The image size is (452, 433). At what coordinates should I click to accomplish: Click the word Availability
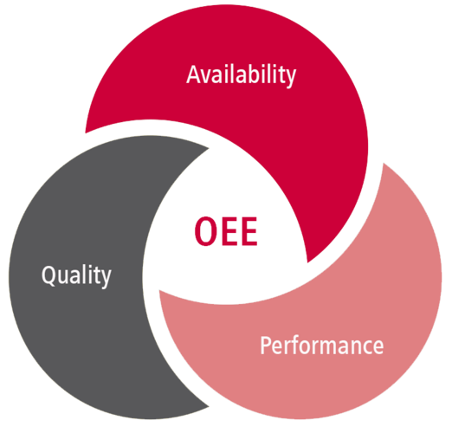pyautogui.click(x=241, y=75)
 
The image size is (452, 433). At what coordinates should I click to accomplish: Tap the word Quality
pyautogui.click(x=76, y=275)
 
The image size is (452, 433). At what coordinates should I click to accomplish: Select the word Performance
pyautogui.click(x=322, y=346)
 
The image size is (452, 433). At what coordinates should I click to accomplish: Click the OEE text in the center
pyautogui.click(x=226, y=231)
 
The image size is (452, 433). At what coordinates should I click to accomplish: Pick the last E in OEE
pyautogui.click(x=249, y=231)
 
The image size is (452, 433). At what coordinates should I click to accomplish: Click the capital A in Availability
pyautogui.click(x=194, y=74)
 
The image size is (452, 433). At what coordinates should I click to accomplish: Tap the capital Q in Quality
pyautogui.click(x=49, y=275)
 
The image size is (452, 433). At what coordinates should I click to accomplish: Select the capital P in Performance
pyautogui.click(x=266, y=345)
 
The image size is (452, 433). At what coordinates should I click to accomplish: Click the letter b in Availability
pyautogui.click(x=253, y=74)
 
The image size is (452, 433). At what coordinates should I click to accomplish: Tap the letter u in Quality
pyautogui.click(x=66, y=277)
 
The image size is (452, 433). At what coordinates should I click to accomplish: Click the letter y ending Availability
pyautogui.click(x=290, y=78)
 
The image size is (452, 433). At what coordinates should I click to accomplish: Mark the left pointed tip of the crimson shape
pyautogui.click(x=86, y=133)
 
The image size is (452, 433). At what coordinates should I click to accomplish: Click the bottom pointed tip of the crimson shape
pyautogui.click(x=307, y=262)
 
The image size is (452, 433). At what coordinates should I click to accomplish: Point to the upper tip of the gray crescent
pyautogui.click(x=209, y=149)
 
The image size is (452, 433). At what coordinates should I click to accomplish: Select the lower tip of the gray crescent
pyautogui.click(x=209, y=407)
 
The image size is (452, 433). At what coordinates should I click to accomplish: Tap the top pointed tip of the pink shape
pyautogui.click(x=384, y=164)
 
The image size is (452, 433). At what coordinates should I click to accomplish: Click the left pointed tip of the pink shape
pyautogui.click(x=159, y=290)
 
